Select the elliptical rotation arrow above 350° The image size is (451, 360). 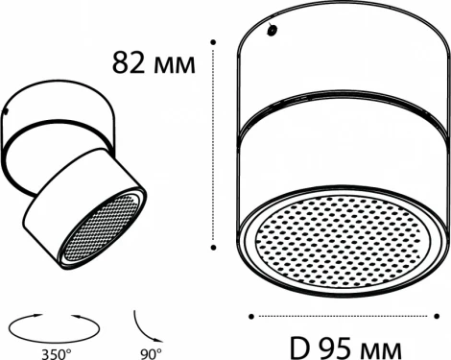(57, 326)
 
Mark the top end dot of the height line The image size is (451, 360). (213, 41)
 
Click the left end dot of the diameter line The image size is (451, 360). (250, 313)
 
